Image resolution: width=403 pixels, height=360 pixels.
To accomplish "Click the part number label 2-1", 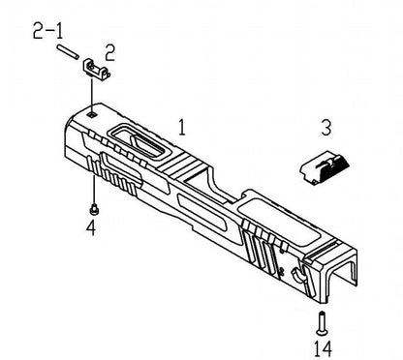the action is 48,31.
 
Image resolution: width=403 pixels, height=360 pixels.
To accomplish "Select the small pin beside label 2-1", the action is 68,51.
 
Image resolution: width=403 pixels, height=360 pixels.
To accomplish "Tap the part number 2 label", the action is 109,53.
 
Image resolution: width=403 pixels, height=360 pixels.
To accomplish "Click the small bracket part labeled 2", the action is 97,70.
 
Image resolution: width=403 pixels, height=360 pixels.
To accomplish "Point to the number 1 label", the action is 182,127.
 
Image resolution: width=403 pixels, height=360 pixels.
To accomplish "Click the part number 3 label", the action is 326,127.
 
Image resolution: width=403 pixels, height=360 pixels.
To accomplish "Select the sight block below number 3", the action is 325,167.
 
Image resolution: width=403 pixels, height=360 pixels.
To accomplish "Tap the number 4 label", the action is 91,227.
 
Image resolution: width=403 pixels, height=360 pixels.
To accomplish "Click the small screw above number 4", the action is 94,209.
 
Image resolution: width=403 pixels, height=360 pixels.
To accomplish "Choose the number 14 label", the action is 323,348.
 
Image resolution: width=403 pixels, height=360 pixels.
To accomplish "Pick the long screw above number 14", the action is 322,323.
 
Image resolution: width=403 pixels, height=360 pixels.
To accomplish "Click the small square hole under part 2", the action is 92,114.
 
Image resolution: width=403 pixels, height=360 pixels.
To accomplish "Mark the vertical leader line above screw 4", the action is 94,190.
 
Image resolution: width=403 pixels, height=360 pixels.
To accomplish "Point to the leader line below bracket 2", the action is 92,95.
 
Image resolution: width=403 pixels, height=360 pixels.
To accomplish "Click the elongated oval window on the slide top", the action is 139,140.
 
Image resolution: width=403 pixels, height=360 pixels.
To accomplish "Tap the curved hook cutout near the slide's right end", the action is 297,275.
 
